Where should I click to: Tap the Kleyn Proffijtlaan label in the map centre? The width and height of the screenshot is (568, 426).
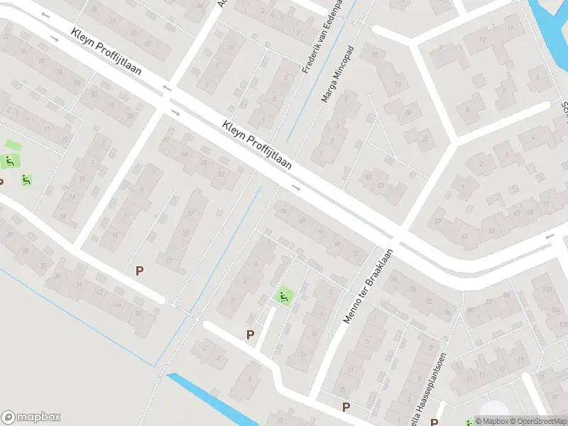pos(258,145)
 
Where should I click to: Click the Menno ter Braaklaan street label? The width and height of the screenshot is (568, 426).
pos(369,281)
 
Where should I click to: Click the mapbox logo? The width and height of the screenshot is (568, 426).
pos(31,417)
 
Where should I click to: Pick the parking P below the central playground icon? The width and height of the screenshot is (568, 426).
pos(250,334)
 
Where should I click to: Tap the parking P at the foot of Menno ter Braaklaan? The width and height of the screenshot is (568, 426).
pos(346,407)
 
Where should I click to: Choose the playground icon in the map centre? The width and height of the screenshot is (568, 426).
pos(284,296)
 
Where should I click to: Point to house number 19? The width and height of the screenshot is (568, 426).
pos(398,84)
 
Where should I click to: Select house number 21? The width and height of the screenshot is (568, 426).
pos(425,139)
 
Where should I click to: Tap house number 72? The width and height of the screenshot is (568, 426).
pos(356,253)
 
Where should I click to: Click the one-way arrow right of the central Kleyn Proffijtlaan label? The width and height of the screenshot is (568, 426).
pos(296,188)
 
